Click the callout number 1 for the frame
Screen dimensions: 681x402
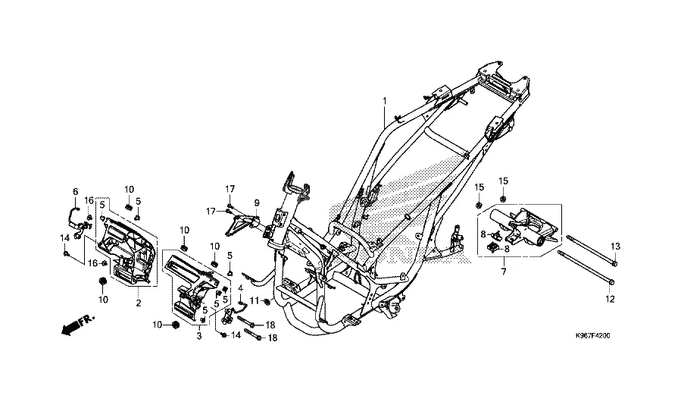click(384, 101)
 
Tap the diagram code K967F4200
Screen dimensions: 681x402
click(592, 336)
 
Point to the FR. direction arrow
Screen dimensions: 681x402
click(78, 325)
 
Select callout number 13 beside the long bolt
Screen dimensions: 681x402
click(615, 247)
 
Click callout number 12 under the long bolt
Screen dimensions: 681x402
click(610, 300)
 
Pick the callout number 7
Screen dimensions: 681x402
click(504, 272)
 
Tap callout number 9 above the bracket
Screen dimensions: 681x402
click(257, 203)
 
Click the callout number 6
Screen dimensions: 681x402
click(75, 191)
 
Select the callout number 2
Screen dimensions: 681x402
click(139, 303)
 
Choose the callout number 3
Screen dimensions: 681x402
click(199, 336)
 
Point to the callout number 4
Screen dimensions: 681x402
click(240, 288)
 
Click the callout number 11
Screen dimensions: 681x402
click(254, 300)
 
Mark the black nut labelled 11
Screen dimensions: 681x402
click(267, 302)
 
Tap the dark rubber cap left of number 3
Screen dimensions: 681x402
click(176, 325)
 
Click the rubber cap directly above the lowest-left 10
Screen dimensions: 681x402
click(103, 281)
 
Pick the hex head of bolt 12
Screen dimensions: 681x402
click(611, 282)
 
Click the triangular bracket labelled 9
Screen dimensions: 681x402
click(242, 224)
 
